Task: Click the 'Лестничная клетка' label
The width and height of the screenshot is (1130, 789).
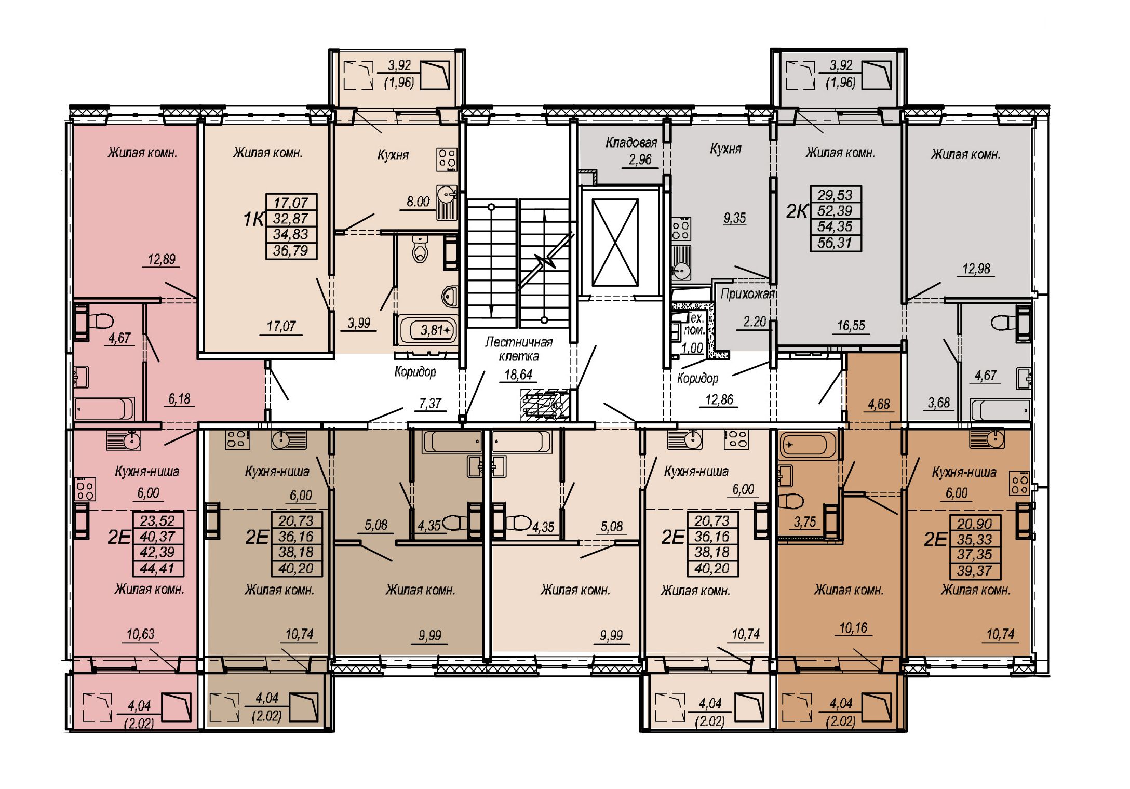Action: (519, 349)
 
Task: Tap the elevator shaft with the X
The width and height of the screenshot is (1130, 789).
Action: (615, 243)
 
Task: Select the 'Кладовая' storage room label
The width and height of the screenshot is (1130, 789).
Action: (631, 142)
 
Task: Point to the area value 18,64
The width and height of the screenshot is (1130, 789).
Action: (518, 375)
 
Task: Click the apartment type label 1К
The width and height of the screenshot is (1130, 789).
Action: (253, 220)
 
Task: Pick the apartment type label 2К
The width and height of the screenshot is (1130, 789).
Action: (797, 211)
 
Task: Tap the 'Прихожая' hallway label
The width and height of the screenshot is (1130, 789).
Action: (747, 294)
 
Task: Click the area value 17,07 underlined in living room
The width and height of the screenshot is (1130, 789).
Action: (281, 326)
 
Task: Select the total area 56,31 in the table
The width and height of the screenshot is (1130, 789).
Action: (835, 243)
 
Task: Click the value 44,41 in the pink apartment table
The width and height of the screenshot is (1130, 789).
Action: (157, 569)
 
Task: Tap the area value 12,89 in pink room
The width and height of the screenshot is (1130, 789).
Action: (162, 259)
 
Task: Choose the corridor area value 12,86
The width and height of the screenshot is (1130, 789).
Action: (719, 399)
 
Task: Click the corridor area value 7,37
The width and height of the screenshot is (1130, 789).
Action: (430, 403)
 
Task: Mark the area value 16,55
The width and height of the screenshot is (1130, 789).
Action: (851, 326)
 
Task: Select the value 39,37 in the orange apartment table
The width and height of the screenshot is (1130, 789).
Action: (975, 571)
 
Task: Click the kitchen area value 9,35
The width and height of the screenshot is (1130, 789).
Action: (734, 218)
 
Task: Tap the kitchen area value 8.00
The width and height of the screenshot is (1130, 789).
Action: (418, 202)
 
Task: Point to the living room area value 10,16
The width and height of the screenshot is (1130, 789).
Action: (853, 628)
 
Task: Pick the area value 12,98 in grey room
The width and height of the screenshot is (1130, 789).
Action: (976, 269)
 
